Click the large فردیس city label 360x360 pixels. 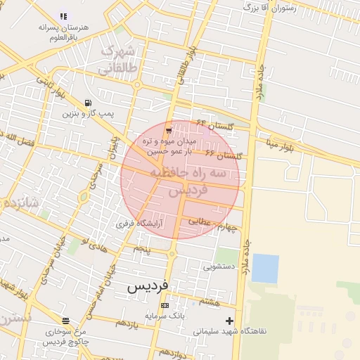point(149,288)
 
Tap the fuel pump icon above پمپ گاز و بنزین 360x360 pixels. point(87,103)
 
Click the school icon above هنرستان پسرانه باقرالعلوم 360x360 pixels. point(64,15)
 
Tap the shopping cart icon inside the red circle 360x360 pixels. point(168,130)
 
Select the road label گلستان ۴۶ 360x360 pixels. point(224,154)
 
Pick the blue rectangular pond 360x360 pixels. point(265,268)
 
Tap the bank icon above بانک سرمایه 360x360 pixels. point(165,306)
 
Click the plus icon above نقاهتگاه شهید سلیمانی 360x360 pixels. point(229,321)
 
